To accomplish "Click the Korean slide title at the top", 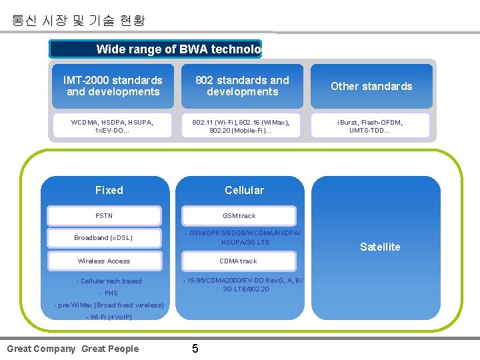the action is pos(78,21).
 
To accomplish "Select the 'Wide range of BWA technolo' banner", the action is pos(156,49).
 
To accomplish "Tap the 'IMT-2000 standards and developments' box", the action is pos(113,86).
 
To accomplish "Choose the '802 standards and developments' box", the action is pos(242,86).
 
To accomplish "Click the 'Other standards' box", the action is pos(371,86).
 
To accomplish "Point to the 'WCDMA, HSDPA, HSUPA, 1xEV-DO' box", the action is pos(113,125).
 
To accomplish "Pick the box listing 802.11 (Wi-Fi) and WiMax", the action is pos(242,125).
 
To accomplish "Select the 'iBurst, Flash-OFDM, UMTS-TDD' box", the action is pos(371,125).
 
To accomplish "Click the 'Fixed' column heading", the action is pos(109,190).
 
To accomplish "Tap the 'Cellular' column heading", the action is pos(244,190).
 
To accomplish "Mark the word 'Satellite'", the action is pos(380,247).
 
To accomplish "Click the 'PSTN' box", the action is pos(104,216).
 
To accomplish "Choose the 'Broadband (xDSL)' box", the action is pos(104,238).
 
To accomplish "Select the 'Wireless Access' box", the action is pos(104,261).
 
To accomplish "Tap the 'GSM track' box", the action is pos(239,216).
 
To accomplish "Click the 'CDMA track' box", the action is pos(239,261).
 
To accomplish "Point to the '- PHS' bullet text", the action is pos(108,293).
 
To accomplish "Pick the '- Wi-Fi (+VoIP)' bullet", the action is pos(109,317).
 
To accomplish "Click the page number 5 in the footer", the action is pos(195,349).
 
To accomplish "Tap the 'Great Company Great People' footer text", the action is pos(73,349).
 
